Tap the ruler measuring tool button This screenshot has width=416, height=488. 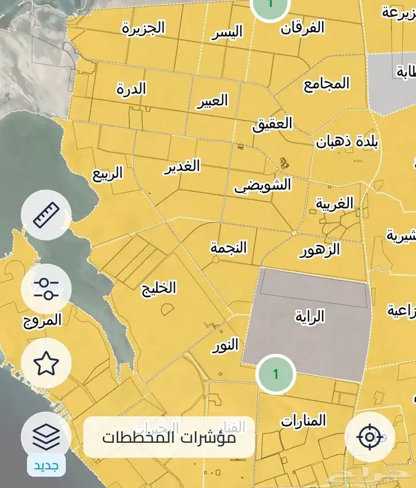[x=46, y=215]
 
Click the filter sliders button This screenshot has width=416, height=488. [x=46, y=289]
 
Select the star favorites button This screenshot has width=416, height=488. [x=46, y=363]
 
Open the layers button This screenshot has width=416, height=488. [x=46, y=437]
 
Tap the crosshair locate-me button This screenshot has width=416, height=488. [x=370, y=437]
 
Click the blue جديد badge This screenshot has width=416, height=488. [x=46, y=465]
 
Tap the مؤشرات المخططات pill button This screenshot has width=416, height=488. [x=169, y=437]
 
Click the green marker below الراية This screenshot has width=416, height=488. [x=275, y=374]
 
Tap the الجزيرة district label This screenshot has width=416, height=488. [x=143, y=28]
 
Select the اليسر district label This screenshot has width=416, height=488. [x=228, y=33]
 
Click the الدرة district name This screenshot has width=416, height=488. [x=131, y=89]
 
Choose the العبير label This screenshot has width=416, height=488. [x=212, y=101]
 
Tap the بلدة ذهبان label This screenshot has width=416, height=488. [x=347, y=142]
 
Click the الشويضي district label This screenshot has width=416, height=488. [x=263, y=185]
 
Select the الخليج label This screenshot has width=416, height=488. [x=159, y=288]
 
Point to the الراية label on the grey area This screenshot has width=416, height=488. [x=310, y=316]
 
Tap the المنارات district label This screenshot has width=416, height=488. [x=304, y=421]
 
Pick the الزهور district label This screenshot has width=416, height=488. [x=319, y=250]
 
